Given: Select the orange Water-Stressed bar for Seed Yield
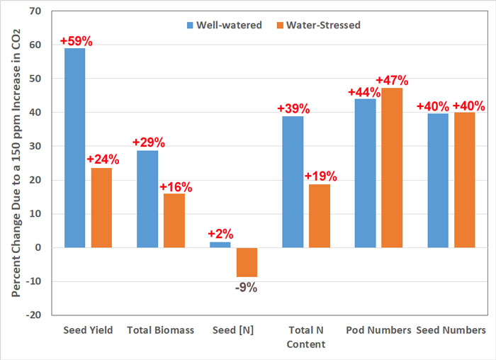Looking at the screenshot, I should [101, 208].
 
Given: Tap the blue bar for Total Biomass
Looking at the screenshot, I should [147, 199].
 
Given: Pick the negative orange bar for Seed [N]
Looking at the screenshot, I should [247, 262].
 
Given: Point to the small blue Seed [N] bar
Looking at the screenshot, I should [220, 244].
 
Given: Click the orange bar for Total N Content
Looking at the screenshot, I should [319, 216].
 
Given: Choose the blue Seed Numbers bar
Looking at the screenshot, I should [438, 181].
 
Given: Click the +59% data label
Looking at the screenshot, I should [76, 41].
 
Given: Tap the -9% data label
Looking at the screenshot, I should [247, 287].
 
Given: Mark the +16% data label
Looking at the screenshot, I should [174, 186].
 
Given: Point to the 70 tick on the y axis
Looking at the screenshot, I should [35, 11].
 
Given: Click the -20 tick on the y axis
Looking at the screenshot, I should [33, 315].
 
